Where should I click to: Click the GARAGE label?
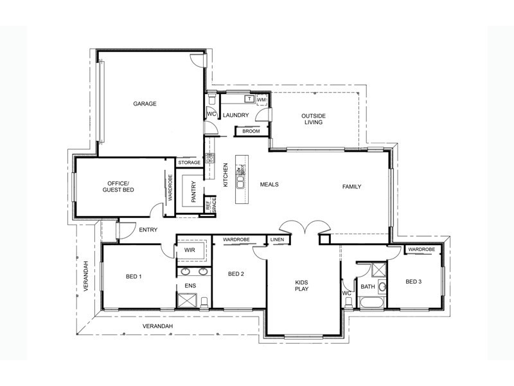click(145, 104)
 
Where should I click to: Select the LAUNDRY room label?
click(235, 115)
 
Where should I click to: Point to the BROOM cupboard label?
click(251, 131)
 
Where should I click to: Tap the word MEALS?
click(269, 185)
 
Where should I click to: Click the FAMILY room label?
click(351, 187)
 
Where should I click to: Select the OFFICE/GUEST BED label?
click(118, 187)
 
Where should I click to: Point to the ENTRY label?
click(148, 230)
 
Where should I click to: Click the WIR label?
click(190, 250)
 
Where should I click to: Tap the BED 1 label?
click(134, 277)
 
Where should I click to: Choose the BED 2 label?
click(236, 274)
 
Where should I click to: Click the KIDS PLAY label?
click(302, 286)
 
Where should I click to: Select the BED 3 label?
click(414, 282)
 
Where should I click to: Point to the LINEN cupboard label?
click(277, 240)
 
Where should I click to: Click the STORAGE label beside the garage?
click(190, 163)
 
